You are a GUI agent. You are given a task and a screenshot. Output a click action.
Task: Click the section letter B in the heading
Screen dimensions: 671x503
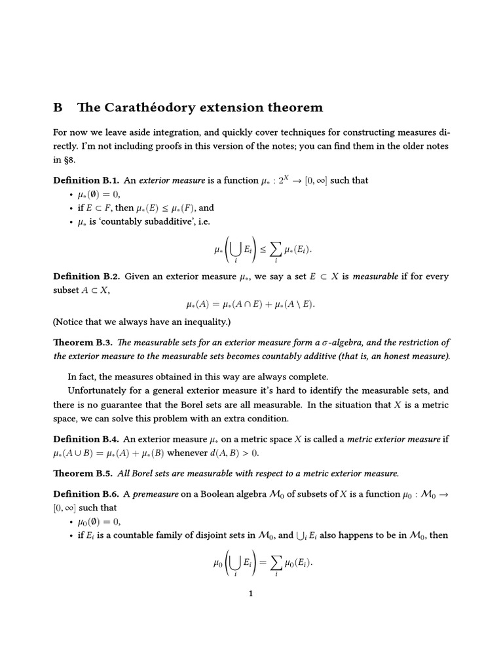[58, 107]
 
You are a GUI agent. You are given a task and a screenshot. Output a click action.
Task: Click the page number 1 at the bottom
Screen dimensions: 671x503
[251, 594]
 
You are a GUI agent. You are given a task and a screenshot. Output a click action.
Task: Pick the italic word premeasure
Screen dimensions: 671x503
[160, 494]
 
